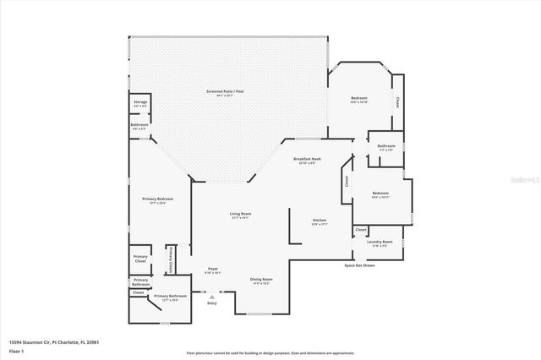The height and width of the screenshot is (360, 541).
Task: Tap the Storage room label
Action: coord(140,102)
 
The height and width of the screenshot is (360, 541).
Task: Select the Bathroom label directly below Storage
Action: coord(139,125)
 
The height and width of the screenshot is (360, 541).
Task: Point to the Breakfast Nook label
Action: coord(307,159)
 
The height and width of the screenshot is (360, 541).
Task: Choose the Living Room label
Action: coord(240,214)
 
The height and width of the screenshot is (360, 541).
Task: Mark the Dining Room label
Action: coord(260,279)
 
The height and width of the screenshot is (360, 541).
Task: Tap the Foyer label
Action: coord(213,269)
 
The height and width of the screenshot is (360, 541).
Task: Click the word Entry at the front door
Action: coord(212,302)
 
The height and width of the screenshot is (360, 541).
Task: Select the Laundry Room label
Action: coord(377,243)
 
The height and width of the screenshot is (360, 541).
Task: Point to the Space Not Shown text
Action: coord(359,265)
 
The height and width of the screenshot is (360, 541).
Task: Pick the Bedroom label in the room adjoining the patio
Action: coord(359,99)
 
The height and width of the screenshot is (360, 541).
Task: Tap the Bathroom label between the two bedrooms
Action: coord(386,145)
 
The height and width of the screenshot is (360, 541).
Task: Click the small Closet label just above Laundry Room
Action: coord(361,229)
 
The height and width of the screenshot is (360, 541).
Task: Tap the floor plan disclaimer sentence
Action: coord(270,353)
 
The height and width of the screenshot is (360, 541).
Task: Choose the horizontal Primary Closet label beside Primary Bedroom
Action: coord(140,259)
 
